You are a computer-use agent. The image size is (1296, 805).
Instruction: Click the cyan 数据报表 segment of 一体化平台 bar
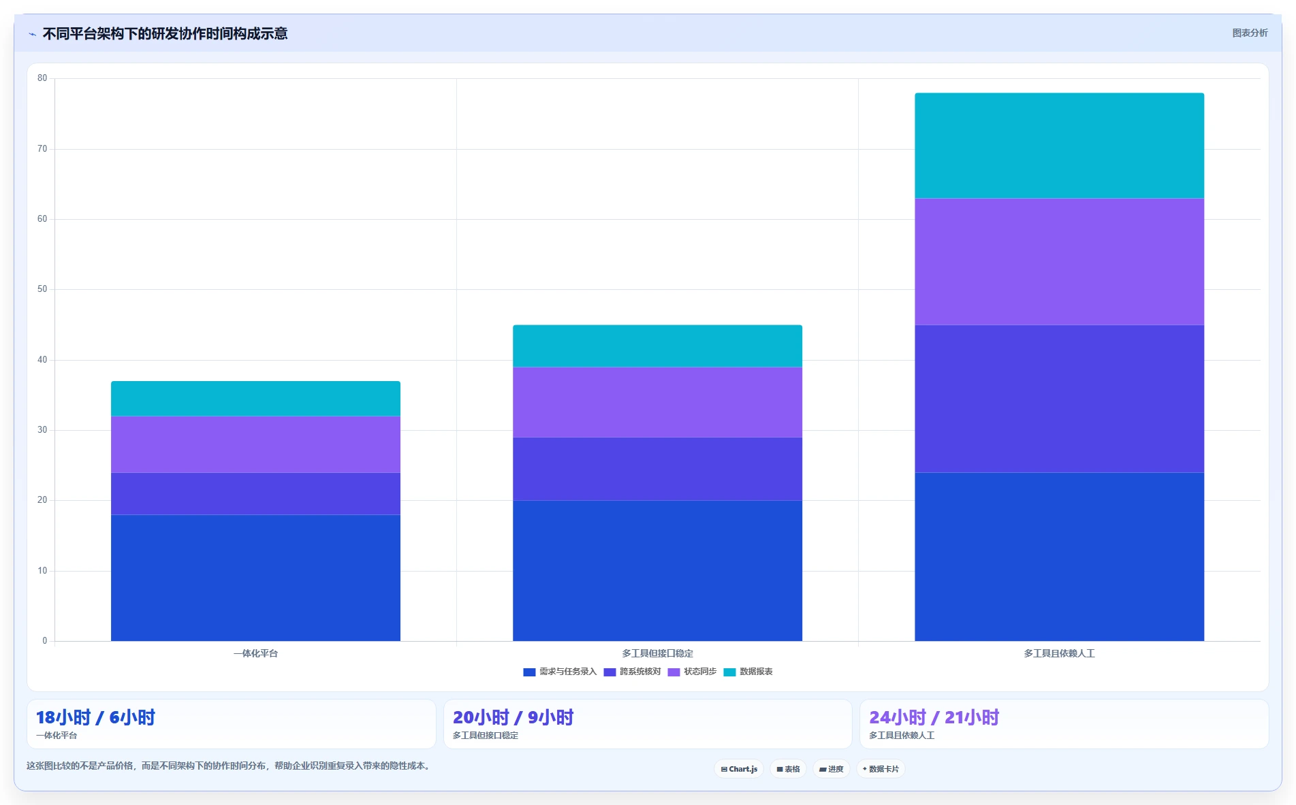(255, 399)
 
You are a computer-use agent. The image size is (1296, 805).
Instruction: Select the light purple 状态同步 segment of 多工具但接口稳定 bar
(657, 402)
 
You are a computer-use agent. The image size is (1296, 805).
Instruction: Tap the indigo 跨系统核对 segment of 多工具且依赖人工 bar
(1059, 399)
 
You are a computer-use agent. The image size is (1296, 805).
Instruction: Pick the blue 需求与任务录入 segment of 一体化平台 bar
(255, 578)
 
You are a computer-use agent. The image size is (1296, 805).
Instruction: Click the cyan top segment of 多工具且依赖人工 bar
(1059, 146)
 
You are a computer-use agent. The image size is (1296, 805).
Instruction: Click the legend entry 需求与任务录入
(560, 672)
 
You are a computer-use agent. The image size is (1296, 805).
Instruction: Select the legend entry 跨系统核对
(632, 672)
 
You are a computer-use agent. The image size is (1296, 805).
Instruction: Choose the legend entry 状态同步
(692, 672)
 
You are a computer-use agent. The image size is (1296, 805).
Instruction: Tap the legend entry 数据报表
(748, 672)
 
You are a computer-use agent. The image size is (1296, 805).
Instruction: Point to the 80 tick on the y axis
(42, 78)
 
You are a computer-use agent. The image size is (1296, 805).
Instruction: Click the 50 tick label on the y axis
(42, 289)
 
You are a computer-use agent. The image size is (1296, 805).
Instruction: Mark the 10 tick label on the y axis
(42, 571)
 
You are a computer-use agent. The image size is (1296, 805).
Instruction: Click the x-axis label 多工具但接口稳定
(657, 653)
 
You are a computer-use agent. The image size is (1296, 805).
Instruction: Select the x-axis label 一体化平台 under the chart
(255, 653)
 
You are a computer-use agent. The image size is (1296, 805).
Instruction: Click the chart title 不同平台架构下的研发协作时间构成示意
(165, 33)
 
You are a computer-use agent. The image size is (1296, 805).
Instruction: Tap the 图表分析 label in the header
(1250, 33)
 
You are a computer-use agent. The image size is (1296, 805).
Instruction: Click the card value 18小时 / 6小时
(95, 717)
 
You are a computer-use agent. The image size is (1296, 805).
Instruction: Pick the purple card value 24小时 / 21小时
(934, 717)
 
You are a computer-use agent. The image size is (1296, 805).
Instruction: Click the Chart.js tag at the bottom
(739, 769)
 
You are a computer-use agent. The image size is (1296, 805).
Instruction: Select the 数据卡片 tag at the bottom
(881, 769)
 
